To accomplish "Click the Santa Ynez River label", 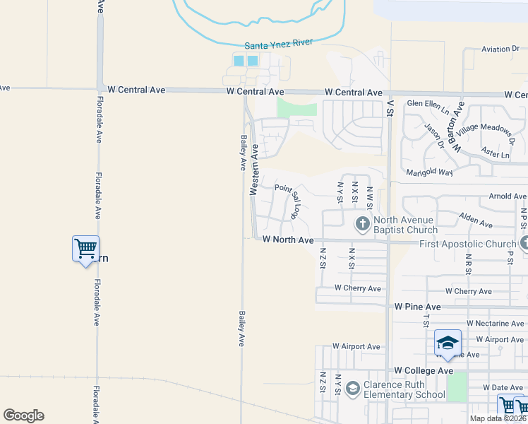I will click(279, 43).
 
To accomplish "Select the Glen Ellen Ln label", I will click(428, 104).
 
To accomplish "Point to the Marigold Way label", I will click(430, 172).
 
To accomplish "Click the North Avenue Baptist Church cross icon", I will click(362, 225).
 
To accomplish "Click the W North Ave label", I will click(287, 240).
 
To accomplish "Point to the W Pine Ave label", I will click(418, 307).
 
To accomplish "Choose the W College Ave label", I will click(424, 371).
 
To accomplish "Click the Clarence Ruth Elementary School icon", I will click(352, 387).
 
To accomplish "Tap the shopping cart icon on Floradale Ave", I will click(85, 249).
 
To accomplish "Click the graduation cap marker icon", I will click(448, 343).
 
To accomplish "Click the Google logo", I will click(23, 416).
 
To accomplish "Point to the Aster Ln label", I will click(495, 155).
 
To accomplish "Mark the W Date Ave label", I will click(505, 388).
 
